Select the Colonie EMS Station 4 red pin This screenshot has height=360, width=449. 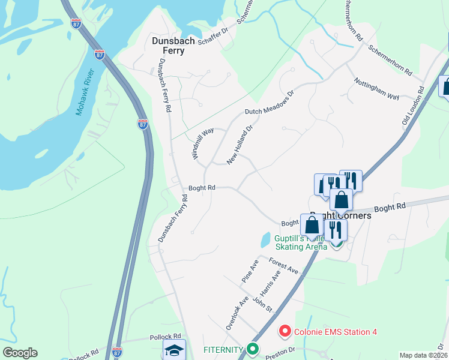click(x=285, y=331)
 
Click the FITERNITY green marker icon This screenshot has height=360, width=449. click(x=253, y=349)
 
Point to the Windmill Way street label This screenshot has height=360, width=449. click(x=203, y=143)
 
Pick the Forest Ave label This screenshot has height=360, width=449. click(x=284, y=266)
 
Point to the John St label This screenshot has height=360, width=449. click(x=262, y=304)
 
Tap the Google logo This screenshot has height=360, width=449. click(x=20, y=353)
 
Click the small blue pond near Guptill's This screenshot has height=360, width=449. click(x=265, y=240)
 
